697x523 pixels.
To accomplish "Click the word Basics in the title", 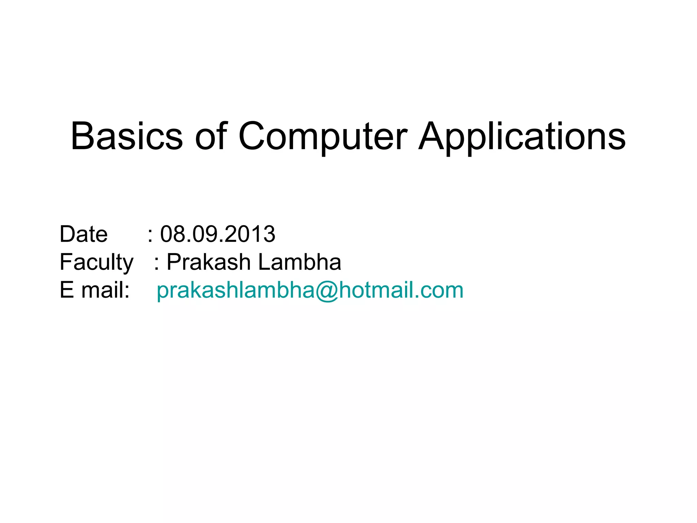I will pyautogui.click(x=127, y=136).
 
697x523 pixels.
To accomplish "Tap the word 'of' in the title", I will pyautogui.click(x=211, y=136).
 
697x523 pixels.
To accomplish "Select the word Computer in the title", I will pyautogui.click(x=323, y=136).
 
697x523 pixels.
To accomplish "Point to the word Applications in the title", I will pyautogui.click(x=522, y=136).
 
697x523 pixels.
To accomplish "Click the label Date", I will pyautogui.click(x=83, y=234).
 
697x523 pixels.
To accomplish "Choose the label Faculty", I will pyautogui.click(x=96, y=262).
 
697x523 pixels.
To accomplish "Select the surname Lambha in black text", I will pyautogui.click(x=299, y=262).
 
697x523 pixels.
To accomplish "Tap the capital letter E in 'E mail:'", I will pyautogui.click(x=67, y=290).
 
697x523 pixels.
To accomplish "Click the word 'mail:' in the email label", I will pyautogui.click(x=105, y=290).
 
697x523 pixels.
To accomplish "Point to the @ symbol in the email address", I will pyautogui.click(x=327, y=291).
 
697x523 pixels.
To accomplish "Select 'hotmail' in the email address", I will pyautogui.click(x=377, y=290).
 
